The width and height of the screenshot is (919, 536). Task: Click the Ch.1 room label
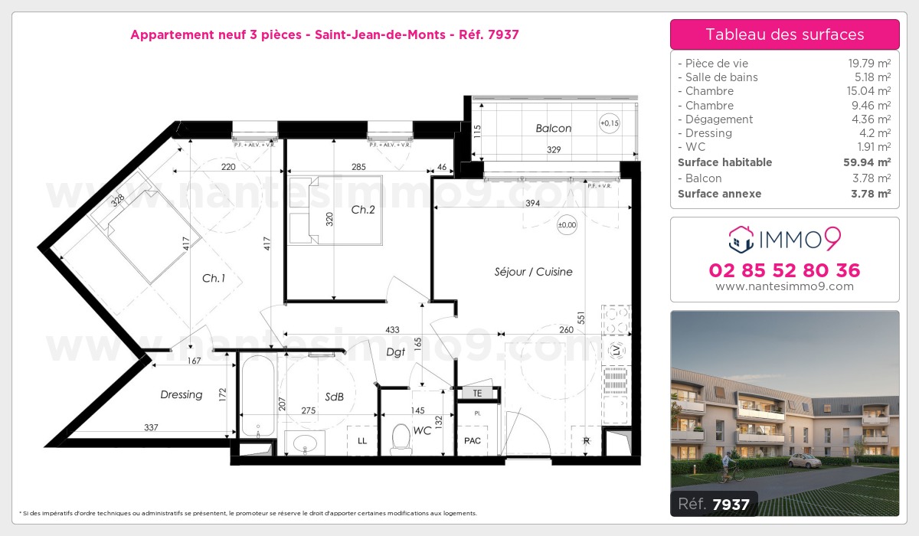[x=213, y=279]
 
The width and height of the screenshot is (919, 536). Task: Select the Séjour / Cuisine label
[x=533, y=272]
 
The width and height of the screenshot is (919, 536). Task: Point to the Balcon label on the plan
[x=553, y=129]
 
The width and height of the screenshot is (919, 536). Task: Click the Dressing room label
[x=182, y=394]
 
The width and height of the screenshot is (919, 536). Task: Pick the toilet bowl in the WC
[x=401, y=437]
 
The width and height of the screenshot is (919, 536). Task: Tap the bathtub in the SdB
[x=255, y=404]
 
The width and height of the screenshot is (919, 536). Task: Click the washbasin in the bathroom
[x=305, y=443]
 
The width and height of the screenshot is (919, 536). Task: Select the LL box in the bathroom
[x=362, y=441]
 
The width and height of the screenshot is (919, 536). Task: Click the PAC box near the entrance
[x=473, y=441]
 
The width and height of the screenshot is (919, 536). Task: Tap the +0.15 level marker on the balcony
[x=610, y=123]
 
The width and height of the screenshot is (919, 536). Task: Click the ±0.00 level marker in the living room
[x=567, y=225]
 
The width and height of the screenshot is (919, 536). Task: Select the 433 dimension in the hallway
[x=392, y=329]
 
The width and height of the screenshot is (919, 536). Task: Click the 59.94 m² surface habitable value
[x=872, y=162]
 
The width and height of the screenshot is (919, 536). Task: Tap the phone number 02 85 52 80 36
[x=784, y=270]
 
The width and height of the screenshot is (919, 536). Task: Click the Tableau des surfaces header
[x=784, y=34]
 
